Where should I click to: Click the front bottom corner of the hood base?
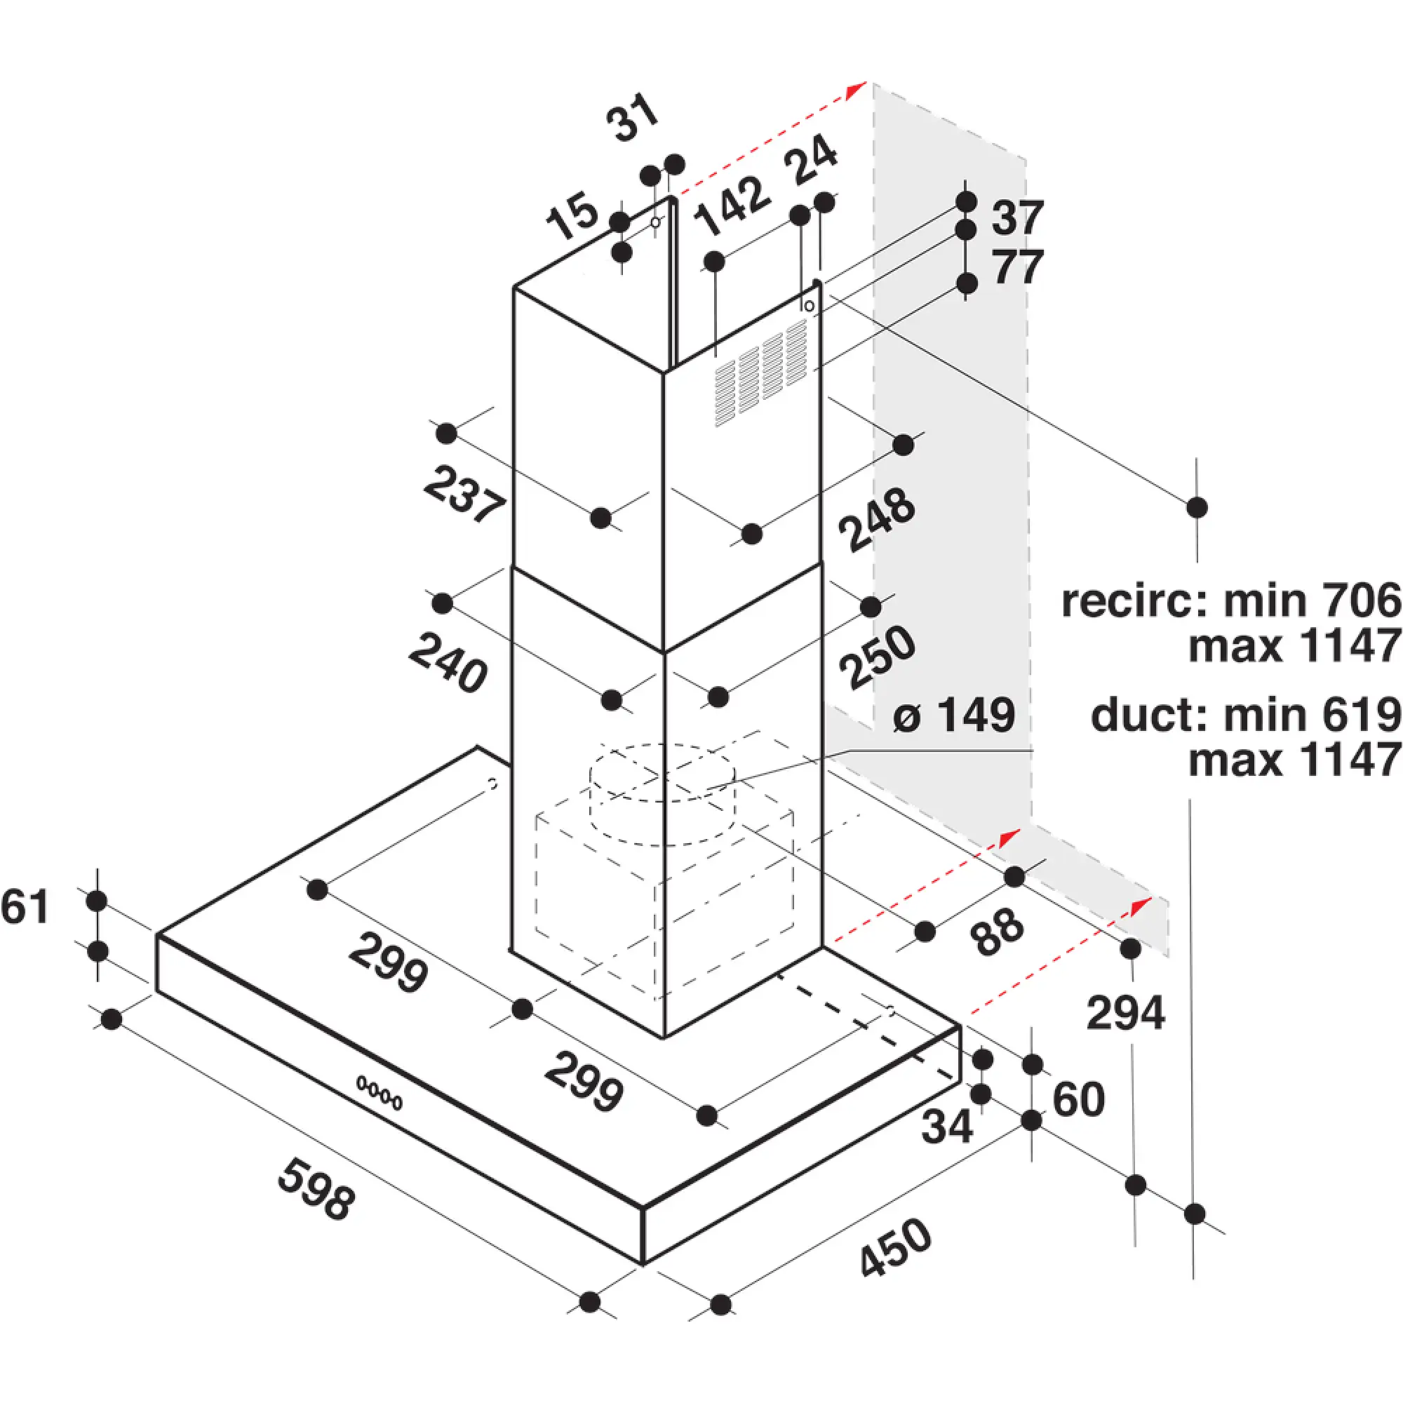coord(643,1264)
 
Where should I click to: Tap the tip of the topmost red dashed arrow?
coord(866,82)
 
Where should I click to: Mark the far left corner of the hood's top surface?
coord(158,934)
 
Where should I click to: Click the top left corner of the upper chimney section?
coord(514,288)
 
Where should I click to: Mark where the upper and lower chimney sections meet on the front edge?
coord(664,652)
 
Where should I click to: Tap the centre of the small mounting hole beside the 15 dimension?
coord(656,222)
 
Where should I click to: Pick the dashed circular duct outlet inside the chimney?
coord(662,795)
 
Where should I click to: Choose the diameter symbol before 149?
coord(908,718)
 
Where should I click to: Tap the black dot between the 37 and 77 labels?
coord(966,230)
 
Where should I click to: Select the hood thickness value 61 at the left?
coord(25,907)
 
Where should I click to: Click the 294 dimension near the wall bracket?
coord(1126,1013)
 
